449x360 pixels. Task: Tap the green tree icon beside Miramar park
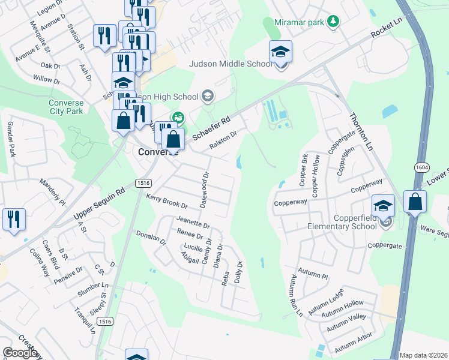[332, 22]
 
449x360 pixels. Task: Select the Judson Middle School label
[231, 64]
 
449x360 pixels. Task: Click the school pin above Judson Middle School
[280, 52]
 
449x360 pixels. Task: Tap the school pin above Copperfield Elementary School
[383, 206]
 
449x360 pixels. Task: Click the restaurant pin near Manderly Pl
[13, 219]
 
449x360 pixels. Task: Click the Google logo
[20, 353]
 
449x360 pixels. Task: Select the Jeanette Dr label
[193, 222]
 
